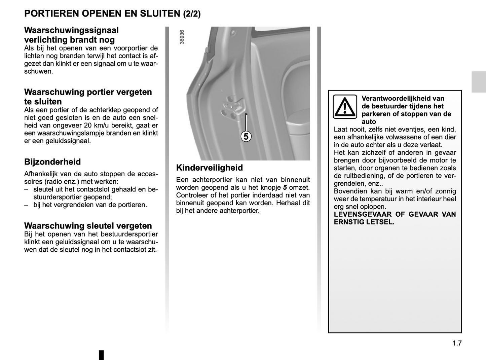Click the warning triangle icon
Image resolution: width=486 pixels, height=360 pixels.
pyautogui.click(x=345, y=107)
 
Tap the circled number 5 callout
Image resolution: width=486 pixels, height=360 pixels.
pyautogui.click(x=246, y=137)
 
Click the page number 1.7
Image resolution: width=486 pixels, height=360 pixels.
pyautogui.click(x=457, y=343)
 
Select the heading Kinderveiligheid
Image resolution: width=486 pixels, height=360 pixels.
pyautogui.click(x=209, y=168)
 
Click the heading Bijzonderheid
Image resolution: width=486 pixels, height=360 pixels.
pyautogui.click(x=52, y=162)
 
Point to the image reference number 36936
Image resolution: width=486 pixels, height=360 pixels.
pyautogui.click(x=182, y=37)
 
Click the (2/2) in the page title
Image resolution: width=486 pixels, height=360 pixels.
pyautogui.click(x=192, y=14)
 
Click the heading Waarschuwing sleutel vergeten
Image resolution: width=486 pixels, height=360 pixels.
pyautogui.click(x=88, y=226)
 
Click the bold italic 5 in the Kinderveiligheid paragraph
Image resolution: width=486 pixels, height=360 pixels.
pyautogui.click(x=285, y=188)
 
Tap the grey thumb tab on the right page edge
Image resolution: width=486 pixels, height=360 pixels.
pyautogui.click(x=478, y=82)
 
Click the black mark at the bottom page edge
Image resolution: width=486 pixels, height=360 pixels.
pyautogui.click(x=101, y=355)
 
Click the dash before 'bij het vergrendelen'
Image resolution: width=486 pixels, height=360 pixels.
pyautogui.click(x=26, y=205)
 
